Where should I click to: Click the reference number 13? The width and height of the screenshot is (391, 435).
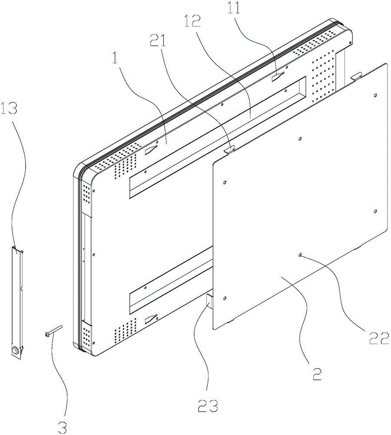point(9,108)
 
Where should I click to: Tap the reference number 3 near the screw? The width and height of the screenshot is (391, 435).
point(63,428)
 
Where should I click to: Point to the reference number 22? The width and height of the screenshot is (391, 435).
point(379,338)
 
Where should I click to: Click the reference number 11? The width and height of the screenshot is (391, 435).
point(234,8)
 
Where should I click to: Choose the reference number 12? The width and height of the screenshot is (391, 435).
point(192,21)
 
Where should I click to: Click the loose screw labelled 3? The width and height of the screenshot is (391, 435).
point(53,331)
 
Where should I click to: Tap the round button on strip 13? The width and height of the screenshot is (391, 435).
point(15,351)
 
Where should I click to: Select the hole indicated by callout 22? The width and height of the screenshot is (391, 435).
point(300,254)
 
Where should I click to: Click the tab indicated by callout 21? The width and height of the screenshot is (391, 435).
point(229,150)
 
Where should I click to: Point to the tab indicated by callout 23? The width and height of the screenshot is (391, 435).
point(210,302)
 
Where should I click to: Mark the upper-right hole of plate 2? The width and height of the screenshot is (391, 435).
point(375,95)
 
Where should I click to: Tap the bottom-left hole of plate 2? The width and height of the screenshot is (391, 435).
point(225,298)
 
